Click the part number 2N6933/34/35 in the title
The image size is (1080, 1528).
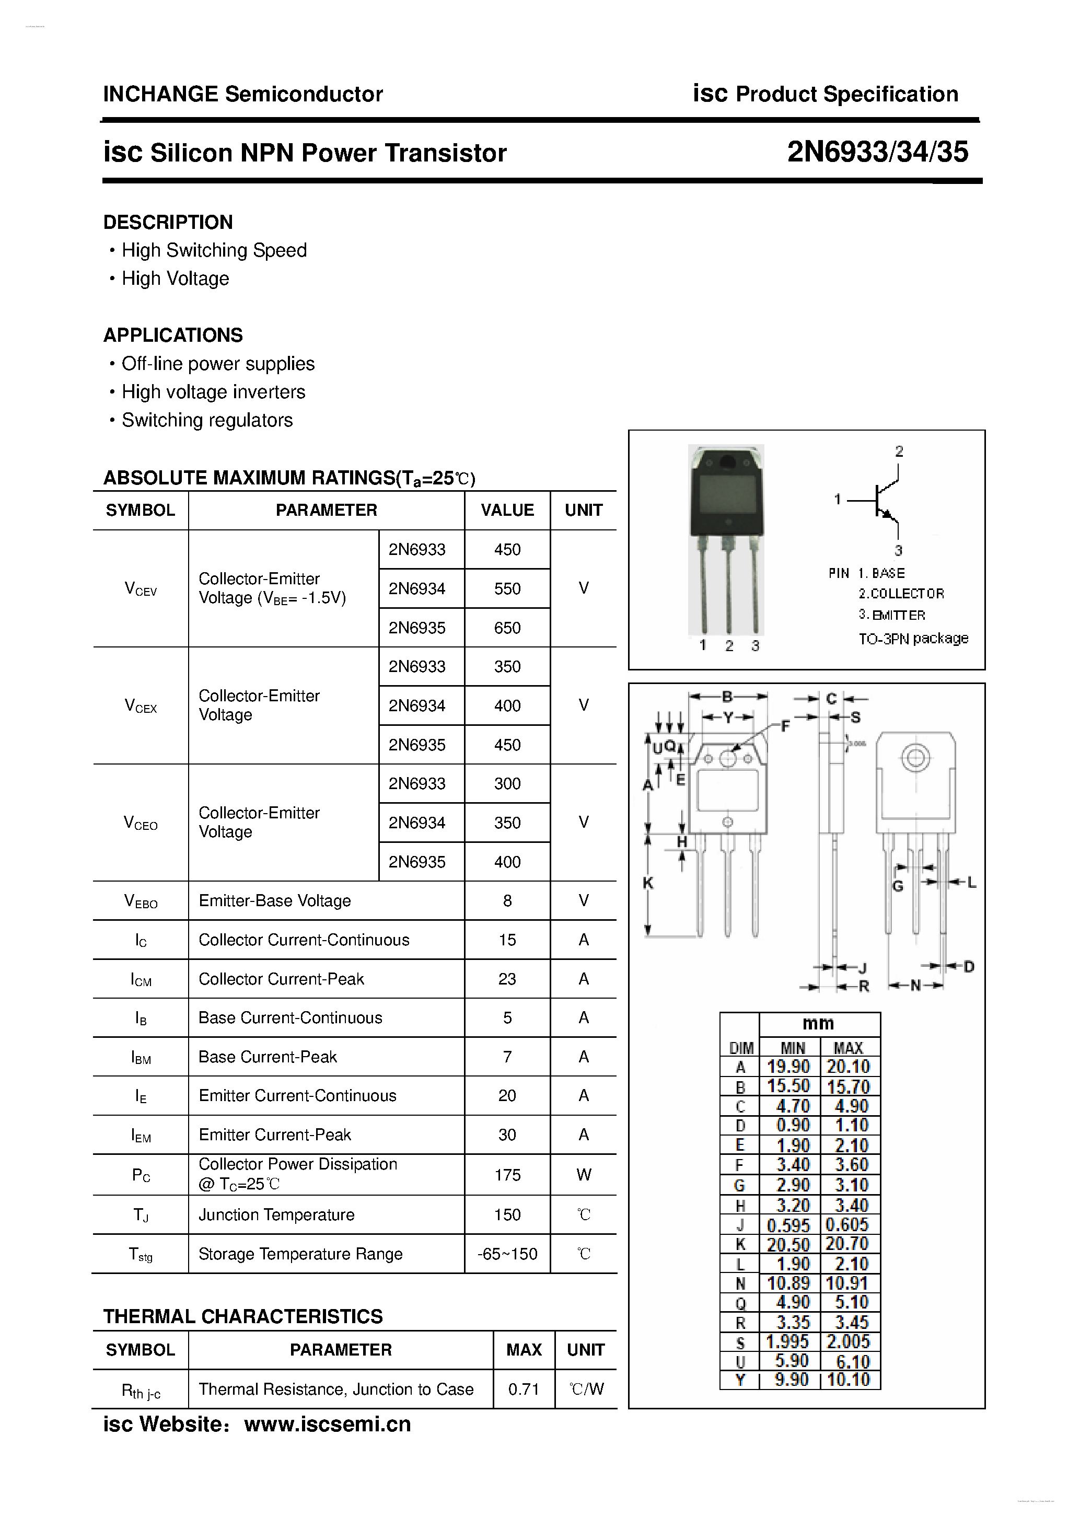(877, 153)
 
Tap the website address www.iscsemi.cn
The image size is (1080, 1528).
(328, 1424)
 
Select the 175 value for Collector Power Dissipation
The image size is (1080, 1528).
(507, 1175)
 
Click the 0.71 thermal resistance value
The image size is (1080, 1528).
(523, 1389)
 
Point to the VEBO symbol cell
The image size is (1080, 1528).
(141, 901)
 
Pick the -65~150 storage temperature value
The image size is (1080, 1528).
(507, 1254)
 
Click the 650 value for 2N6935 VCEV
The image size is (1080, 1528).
(507, 628)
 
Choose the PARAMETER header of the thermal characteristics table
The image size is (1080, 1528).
(340, 1350)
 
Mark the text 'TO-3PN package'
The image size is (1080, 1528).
(913, 639)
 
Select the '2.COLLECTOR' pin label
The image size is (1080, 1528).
(901, 594)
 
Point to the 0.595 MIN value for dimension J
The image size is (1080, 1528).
(788, 1225)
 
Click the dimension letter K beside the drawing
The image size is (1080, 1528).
(648, 883)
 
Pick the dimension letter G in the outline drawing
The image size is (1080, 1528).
(898, 886)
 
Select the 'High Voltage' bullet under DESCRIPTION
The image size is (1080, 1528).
(175, 279)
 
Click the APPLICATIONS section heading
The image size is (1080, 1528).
(173, 335)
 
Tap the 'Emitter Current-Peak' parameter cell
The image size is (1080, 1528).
(274, 1135)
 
